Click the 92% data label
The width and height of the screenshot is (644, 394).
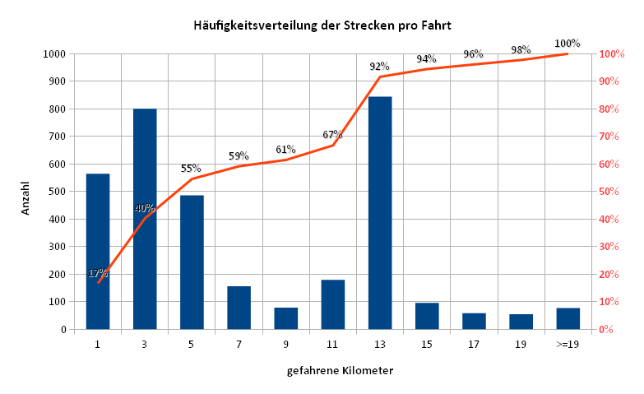(x=378, y=67)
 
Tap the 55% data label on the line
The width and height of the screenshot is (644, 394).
(x=191, y=169)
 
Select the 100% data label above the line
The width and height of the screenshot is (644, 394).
(x=568, y=44)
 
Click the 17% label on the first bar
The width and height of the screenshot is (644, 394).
(x=98, y=273)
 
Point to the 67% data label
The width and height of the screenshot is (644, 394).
(x=332, y=135)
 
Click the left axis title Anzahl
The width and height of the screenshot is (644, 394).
(x=25, y=198)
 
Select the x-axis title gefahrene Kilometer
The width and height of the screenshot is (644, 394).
(x=340, y=371)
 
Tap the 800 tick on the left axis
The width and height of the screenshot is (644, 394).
(x=56, y=109)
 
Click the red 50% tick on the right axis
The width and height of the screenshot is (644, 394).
(x=612, y=192)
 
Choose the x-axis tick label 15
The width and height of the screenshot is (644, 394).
(x=426, y=345)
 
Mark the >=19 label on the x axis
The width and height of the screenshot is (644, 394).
(x=568, y=345)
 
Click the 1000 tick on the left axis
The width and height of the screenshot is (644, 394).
(x=53, y=54)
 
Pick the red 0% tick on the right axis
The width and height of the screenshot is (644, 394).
(x=609, y=330)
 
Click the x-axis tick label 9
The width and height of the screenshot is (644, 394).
(x=285, y=345)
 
